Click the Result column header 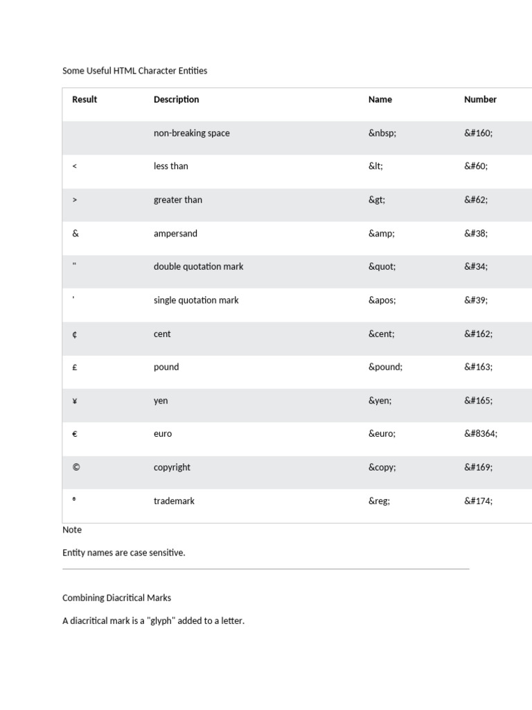pos(85,99)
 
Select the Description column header pos(176,99)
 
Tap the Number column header pos(480,99)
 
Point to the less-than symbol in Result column pos(75,166)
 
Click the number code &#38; pos(476,234)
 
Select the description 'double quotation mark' pos(198,267)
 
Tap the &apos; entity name pos(383,300)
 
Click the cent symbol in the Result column pos(75,334)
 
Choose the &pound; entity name pos(385,367)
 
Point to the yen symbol pos(75,401)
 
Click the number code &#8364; pos(481,434)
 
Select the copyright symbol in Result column pos(76,467)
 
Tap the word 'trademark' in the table pos(174,501)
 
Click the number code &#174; pos(478,501)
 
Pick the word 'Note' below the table pos(72,530)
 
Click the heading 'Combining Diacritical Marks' pos(116,598)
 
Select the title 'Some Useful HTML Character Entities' pos(134,71)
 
